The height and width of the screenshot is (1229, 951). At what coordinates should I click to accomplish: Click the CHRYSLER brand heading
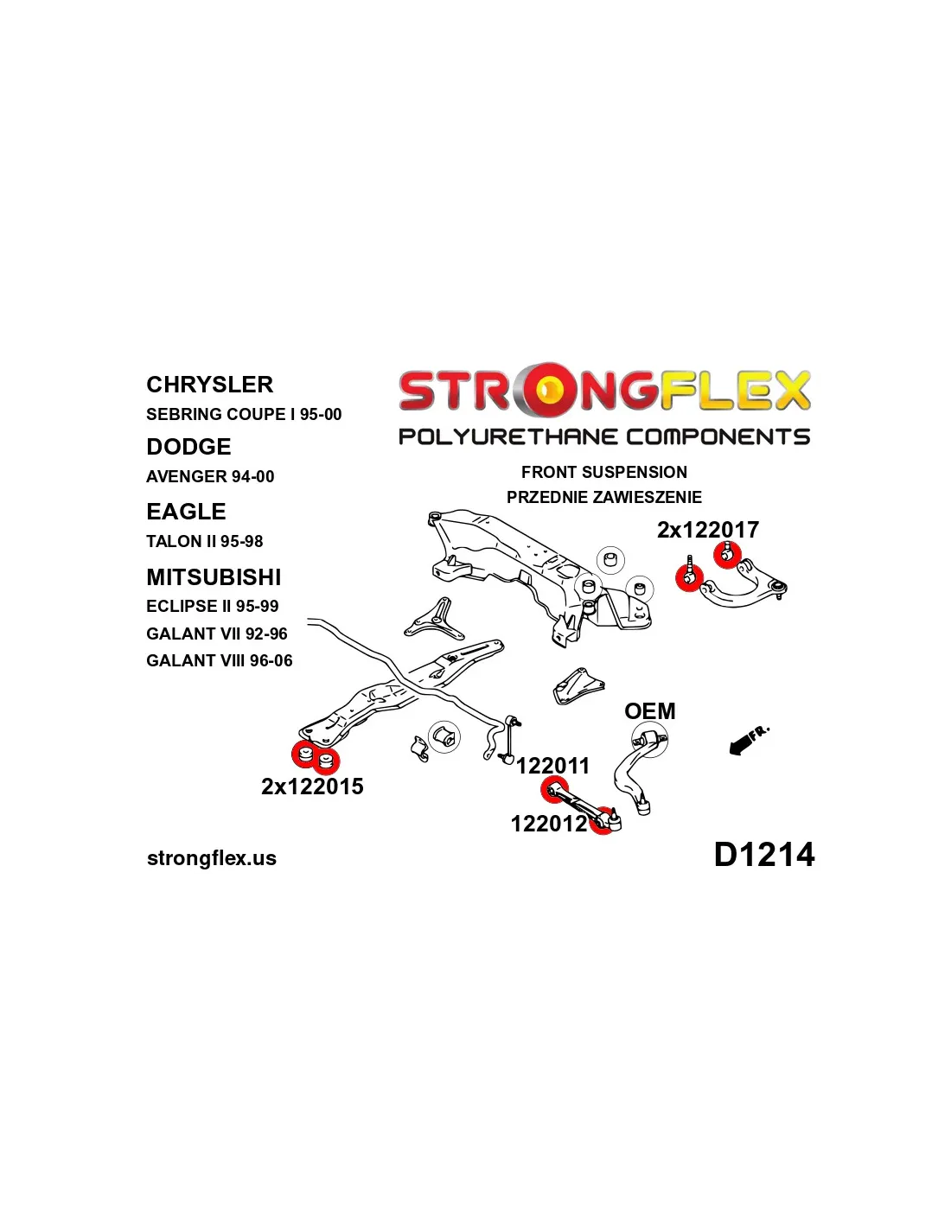click(x=209, y=385)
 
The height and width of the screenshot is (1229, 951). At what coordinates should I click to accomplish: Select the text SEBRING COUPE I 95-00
click(x=244, y=414)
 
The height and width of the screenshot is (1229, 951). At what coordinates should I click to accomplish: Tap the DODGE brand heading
click(x=188, y=447)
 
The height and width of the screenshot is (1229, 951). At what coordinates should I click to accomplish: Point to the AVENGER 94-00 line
click(x=210, y=476)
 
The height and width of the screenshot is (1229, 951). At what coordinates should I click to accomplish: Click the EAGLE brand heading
click(x=186, y=512)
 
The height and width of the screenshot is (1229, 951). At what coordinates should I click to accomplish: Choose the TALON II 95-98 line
click(x=204, y=541)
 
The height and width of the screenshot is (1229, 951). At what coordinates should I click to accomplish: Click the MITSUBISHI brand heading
click(x=214, y=576)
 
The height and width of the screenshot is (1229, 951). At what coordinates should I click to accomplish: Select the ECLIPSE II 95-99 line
click(x=212, y=607)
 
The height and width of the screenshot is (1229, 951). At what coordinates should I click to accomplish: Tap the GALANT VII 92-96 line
click(x=217, y=634)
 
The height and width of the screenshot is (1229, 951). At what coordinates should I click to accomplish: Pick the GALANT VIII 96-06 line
click(x=220, y=660)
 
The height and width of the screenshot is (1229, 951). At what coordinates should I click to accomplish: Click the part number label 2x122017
click(x=708, y=530)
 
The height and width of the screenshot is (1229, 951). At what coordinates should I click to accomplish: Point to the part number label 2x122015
click(x=312, y=786)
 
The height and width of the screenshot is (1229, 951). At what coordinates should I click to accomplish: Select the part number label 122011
click(x=552, y=766)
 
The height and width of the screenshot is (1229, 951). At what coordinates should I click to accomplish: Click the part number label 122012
click(x=549, y=824)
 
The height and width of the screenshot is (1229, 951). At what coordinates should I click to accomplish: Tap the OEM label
click(x=649, y=711)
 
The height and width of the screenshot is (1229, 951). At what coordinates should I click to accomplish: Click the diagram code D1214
click(x=764, y=855)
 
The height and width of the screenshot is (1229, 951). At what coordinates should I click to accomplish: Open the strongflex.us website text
click(x=212, y=858)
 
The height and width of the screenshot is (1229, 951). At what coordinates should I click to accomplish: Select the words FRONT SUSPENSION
click(x=604, y=472)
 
